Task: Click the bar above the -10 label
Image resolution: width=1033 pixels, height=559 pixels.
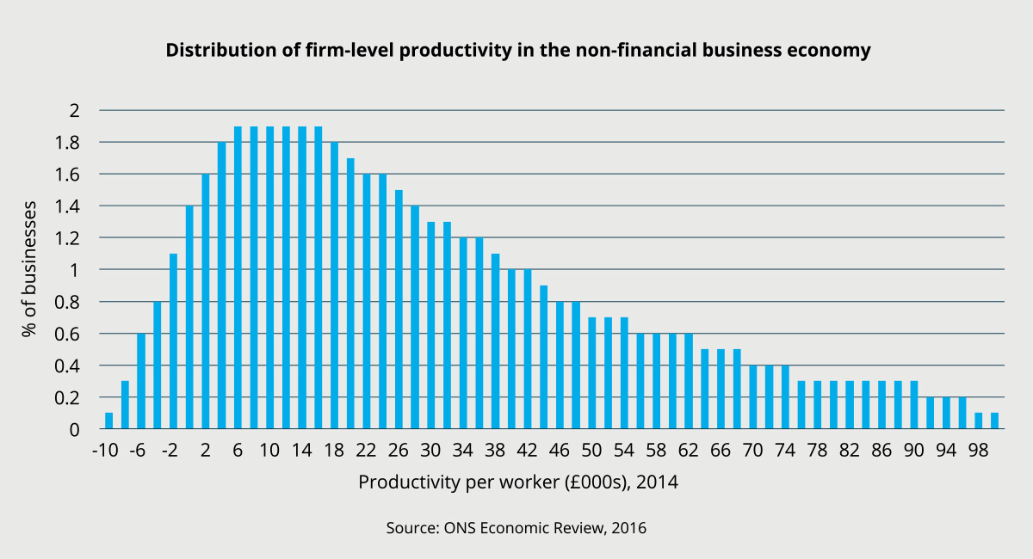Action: tap(108, 421)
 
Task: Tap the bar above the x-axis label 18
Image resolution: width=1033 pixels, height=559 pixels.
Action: tap(334, 285)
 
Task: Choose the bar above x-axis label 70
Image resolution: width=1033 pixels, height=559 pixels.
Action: tap(753, 396)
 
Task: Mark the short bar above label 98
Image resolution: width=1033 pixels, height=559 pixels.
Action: tap(979, 421)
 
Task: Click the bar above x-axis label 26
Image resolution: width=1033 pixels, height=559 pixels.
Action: tap(399, 309)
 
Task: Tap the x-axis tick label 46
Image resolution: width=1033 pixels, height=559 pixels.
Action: tap(560, 451)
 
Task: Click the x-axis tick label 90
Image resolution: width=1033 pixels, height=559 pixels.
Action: tap(914, 451)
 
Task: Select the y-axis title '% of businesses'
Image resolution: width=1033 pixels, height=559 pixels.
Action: tap(31, 268)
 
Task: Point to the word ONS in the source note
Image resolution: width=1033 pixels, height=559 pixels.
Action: tap(455, 527)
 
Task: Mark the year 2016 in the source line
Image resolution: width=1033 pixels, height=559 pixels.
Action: tap(628, 527)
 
